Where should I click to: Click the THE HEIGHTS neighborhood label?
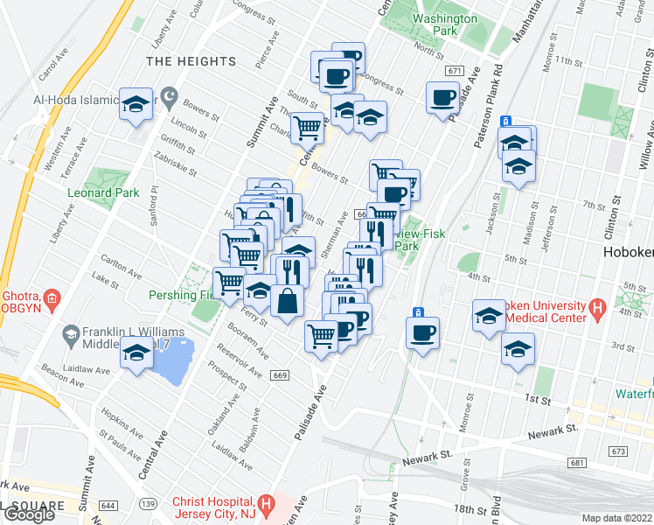point(191,61)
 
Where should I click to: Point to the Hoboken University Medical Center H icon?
point(598,308)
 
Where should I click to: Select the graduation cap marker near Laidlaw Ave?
point(136,354)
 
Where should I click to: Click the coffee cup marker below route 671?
point(442,97)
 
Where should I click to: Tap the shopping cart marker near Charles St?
point(307,128)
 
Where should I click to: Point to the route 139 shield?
point(149,505)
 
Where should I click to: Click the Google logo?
point(29,514)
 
